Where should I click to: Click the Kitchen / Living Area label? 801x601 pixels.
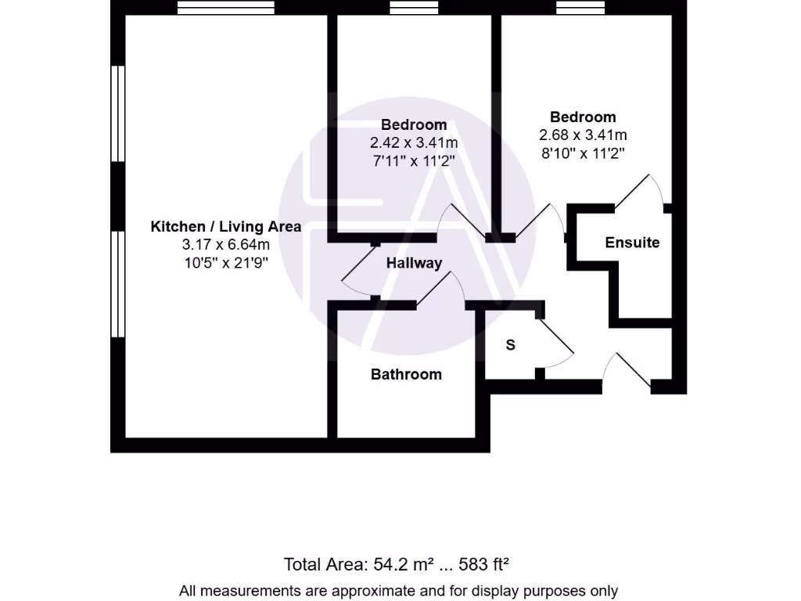click(x=225, y=227)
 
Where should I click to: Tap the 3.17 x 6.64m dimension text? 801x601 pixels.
click(x=225, y=245)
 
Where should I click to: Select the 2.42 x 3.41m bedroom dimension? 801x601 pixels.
click(x=414, y=142)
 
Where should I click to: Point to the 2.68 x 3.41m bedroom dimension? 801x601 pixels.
click(x=583, y=135)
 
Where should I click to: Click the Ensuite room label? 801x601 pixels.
click(x=632, y=243)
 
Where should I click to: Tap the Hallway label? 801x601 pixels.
click(x=414, y=263)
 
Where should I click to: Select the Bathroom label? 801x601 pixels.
click(x=406, y=374)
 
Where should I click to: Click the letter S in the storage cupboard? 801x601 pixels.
click(x=511, y=344)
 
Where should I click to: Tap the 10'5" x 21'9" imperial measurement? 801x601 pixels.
click(x=225, y=263)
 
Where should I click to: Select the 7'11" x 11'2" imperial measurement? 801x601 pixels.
click(x=414, y=160)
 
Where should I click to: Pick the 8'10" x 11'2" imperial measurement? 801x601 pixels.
click(x=583, y=153)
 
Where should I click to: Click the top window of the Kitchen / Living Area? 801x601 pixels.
click(x=225, y=8)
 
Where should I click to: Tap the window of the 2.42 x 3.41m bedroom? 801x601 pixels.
click(x=414, y=8)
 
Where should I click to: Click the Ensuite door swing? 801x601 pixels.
click(x=643, y=191)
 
